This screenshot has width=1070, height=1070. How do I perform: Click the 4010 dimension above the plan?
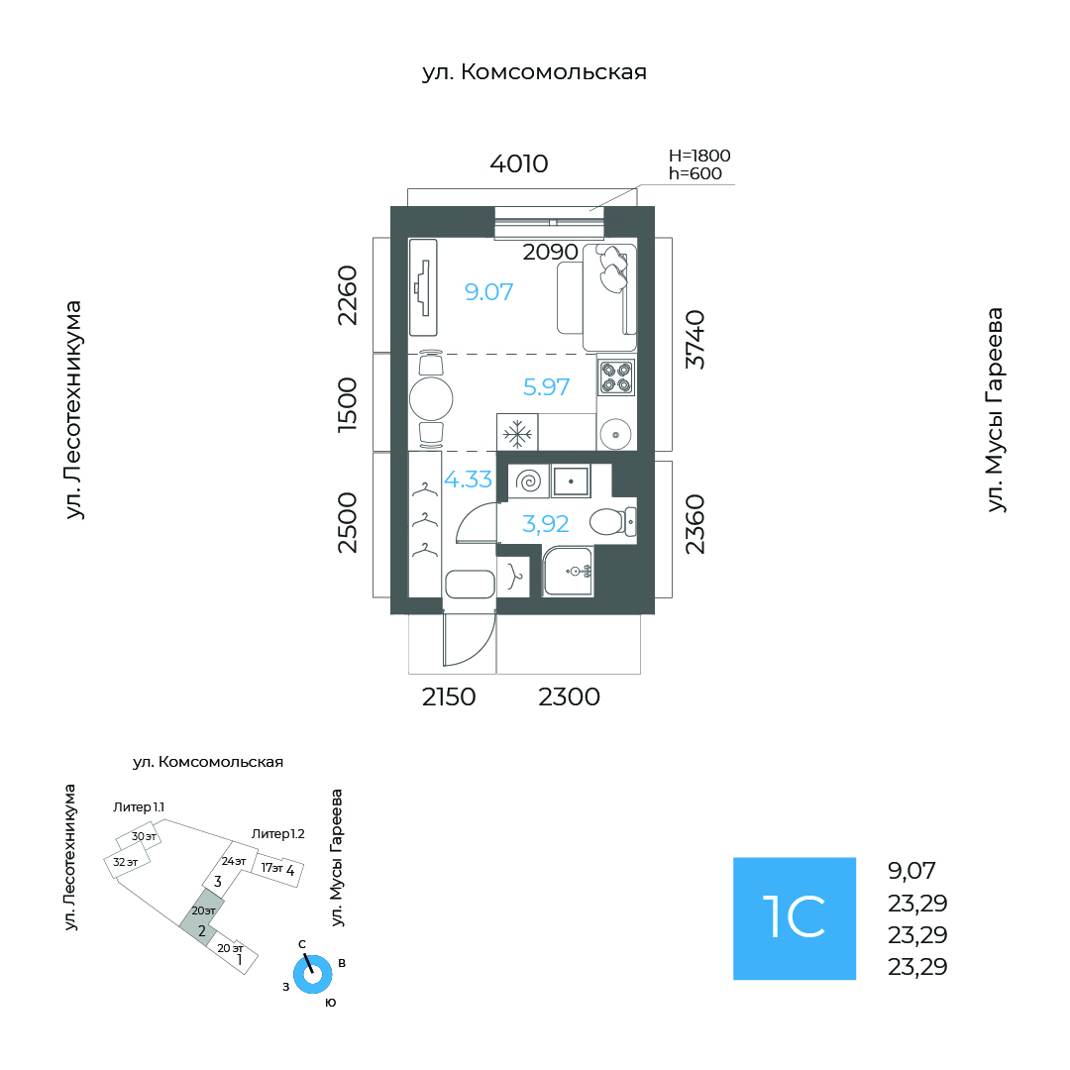coord(518,163)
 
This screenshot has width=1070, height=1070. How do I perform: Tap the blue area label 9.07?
coord(488,292)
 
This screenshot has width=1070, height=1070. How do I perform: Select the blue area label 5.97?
coord(546,387)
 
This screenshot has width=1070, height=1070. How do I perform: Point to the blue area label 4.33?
coord(468,480)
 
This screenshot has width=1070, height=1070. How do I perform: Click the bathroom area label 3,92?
coord(545,524)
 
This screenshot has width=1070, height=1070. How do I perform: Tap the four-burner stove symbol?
coord(616,376)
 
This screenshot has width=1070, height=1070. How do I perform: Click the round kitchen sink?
coord(615,434)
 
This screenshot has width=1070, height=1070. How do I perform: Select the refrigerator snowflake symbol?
coord(517,433)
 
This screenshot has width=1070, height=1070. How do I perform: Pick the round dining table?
coord(431,398)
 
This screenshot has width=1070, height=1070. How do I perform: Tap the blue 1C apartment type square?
coord(795,918)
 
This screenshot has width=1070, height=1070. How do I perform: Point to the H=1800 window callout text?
coord(699,156)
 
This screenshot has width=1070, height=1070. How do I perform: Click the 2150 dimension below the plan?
coord(449,696)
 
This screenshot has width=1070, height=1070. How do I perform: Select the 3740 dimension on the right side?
coord(695,340)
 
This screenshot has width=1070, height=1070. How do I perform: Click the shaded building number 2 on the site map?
coord(202,930)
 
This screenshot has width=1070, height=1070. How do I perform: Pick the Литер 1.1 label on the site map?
coord(139,807)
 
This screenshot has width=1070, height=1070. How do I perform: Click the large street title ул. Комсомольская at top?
coord(534,71)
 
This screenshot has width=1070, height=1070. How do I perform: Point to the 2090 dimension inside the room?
coord(550,252)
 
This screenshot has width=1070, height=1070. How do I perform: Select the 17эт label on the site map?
coord(271,867)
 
